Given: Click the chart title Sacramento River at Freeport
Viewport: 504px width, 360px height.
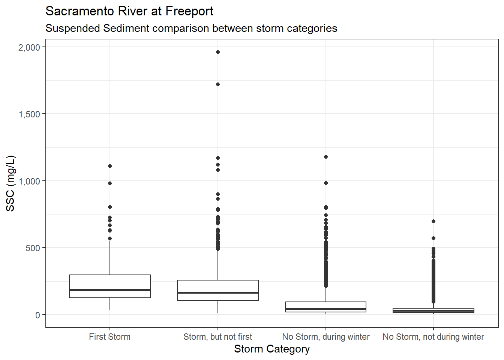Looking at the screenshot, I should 129,11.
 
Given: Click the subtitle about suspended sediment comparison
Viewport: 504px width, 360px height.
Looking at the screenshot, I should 191,28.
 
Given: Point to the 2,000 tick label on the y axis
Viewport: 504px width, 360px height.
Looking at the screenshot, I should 29,47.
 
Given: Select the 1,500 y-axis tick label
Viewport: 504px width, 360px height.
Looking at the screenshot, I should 29,114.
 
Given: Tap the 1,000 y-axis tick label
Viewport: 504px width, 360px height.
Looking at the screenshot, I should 29,181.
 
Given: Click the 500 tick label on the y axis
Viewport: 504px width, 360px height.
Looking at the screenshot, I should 33,248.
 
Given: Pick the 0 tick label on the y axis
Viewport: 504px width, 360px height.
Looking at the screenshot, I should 37,315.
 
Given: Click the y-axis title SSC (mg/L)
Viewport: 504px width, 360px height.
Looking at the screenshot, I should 10,183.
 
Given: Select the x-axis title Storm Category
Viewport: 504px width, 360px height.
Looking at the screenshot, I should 271,349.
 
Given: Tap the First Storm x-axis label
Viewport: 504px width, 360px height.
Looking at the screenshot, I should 109,337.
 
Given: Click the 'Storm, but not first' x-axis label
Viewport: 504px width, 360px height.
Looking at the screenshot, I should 217,337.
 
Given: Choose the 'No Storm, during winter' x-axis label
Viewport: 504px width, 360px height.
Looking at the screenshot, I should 325,337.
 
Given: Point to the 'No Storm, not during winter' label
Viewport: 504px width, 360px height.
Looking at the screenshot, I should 433,337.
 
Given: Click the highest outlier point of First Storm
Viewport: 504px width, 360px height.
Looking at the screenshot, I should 110,166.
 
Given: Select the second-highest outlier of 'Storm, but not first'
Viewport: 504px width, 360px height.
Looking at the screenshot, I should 218,84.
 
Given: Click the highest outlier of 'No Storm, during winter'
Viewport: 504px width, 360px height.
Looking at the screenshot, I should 326,157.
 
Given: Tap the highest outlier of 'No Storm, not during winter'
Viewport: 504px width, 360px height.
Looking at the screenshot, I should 433,221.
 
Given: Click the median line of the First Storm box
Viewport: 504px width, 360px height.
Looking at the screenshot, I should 110,290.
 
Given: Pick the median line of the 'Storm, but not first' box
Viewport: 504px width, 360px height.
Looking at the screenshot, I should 218,292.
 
